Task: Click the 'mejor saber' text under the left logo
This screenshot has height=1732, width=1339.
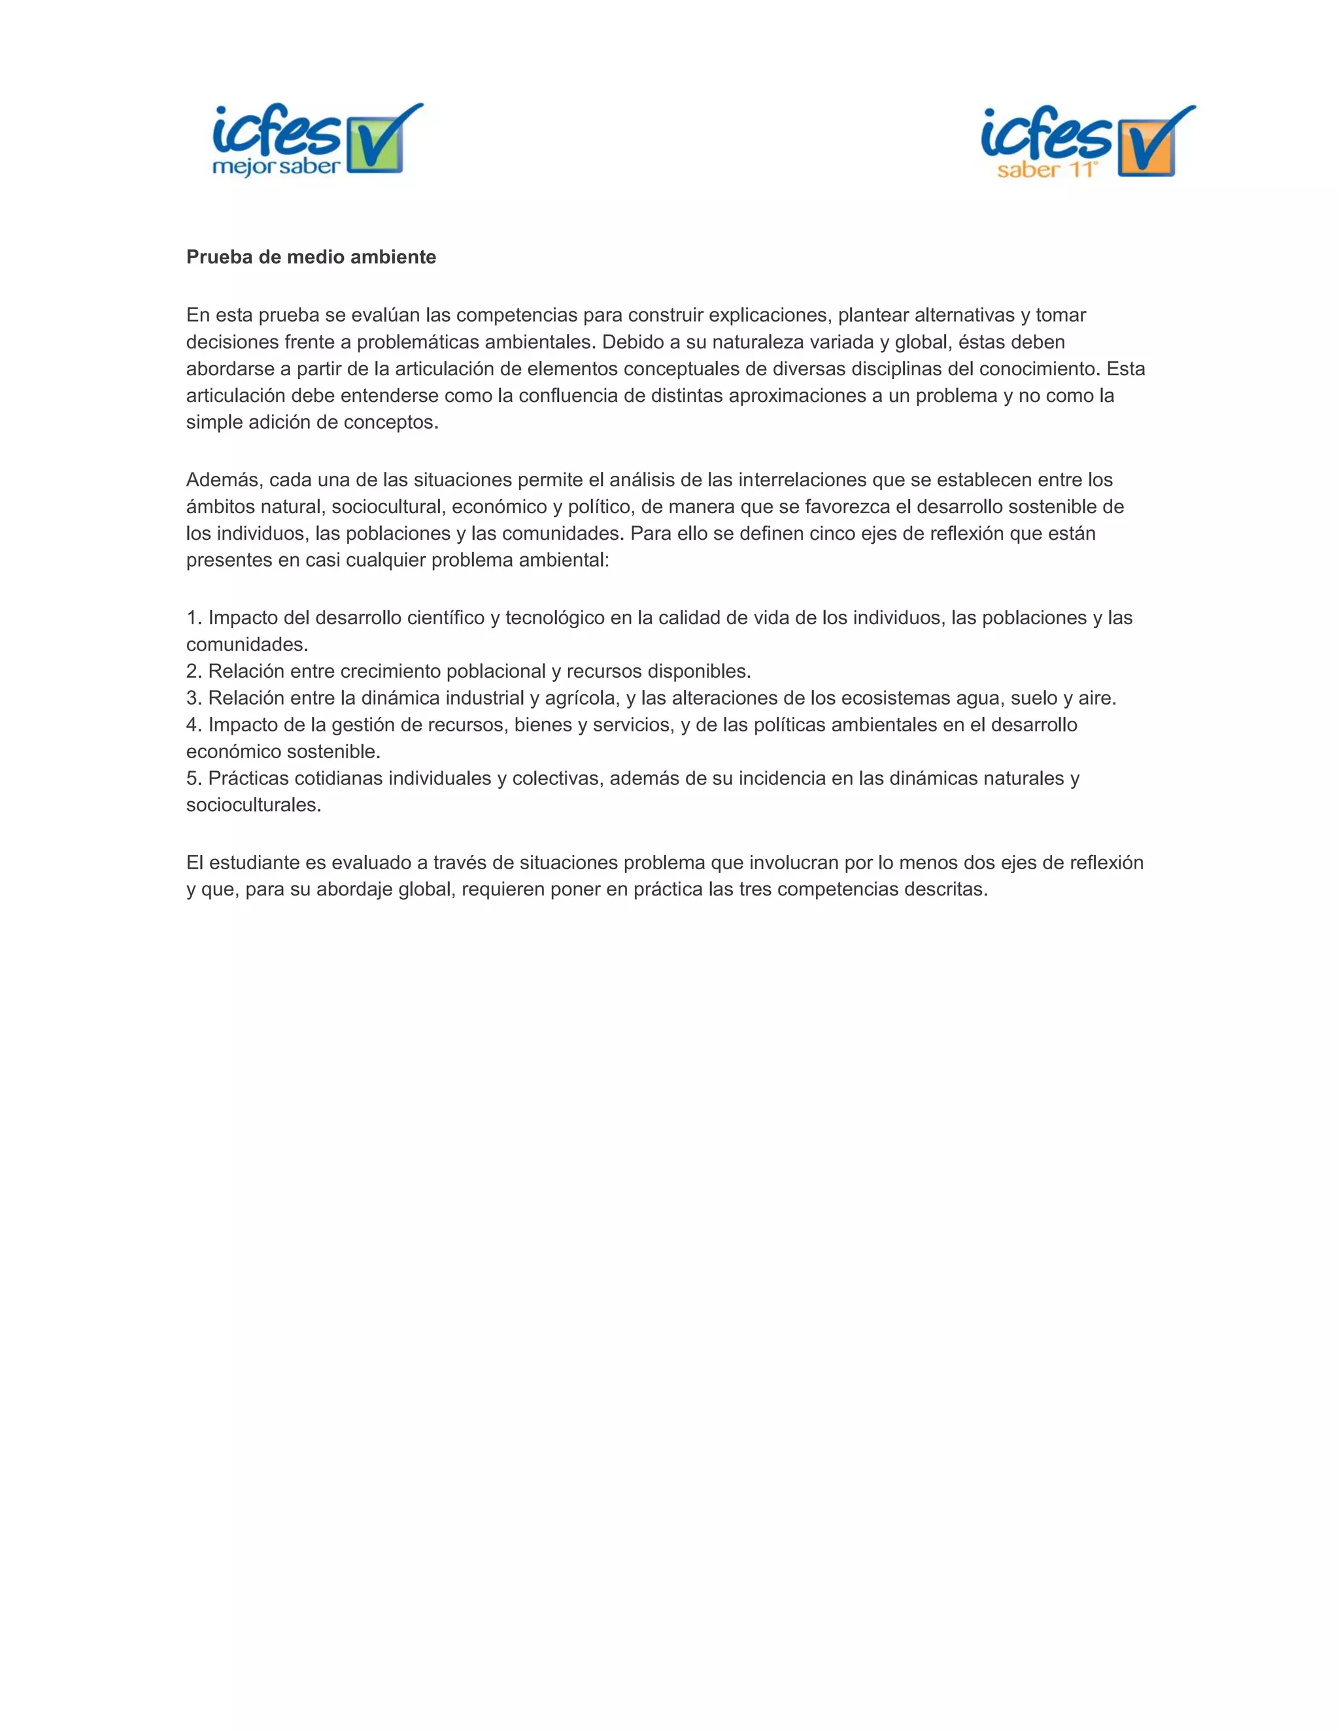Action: coord(276,167)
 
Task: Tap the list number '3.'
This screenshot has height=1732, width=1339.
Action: coord(194,698)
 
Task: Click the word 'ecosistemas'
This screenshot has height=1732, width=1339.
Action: coord(892,698)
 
